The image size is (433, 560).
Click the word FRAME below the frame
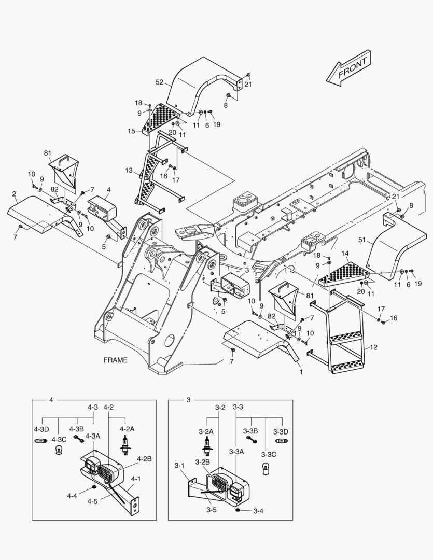pos(115,360)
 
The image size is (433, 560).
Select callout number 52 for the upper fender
pos(160,82)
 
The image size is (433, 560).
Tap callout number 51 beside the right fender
pos(362,240)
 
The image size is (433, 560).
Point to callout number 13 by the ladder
pos(129,170)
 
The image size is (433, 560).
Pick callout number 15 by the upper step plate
pos(131,131)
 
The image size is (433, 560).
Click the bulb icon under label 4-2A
pos(125,444)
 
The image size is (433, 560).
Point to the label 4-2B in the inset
pos(145,459)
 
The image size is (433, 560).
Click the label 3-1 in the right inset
pos(179,465)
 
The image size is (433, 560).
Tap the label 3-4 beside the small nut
pos(259,511)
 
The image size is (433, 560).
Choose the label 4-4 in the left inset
pos(72,496)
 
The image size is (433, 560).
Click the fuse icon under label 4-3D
pos(41,440)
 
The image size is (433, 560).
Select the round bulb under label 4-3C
pos(59,450)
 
